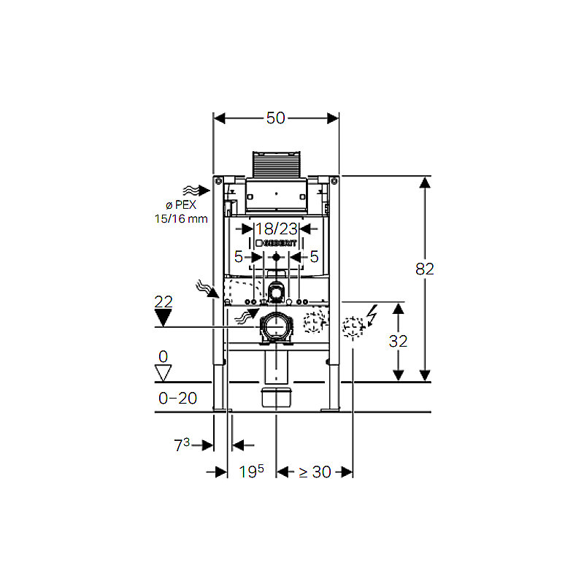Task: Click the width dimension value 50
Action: point(276,118)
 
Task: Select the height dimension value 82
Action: point(425,269)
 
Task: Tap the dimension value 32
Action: point(398,341)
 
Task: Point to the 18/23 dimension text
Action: point(277,228)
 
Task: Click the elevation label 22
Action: point(164,301)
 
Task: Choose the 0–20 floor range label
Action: point(177,398)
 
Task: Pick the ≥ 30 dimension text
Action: point(315,472)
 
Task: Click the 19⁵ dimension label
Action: point(251,472)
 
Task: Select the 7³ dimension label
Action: point(182,445)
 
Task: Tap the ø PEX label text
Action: point(181,204)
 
